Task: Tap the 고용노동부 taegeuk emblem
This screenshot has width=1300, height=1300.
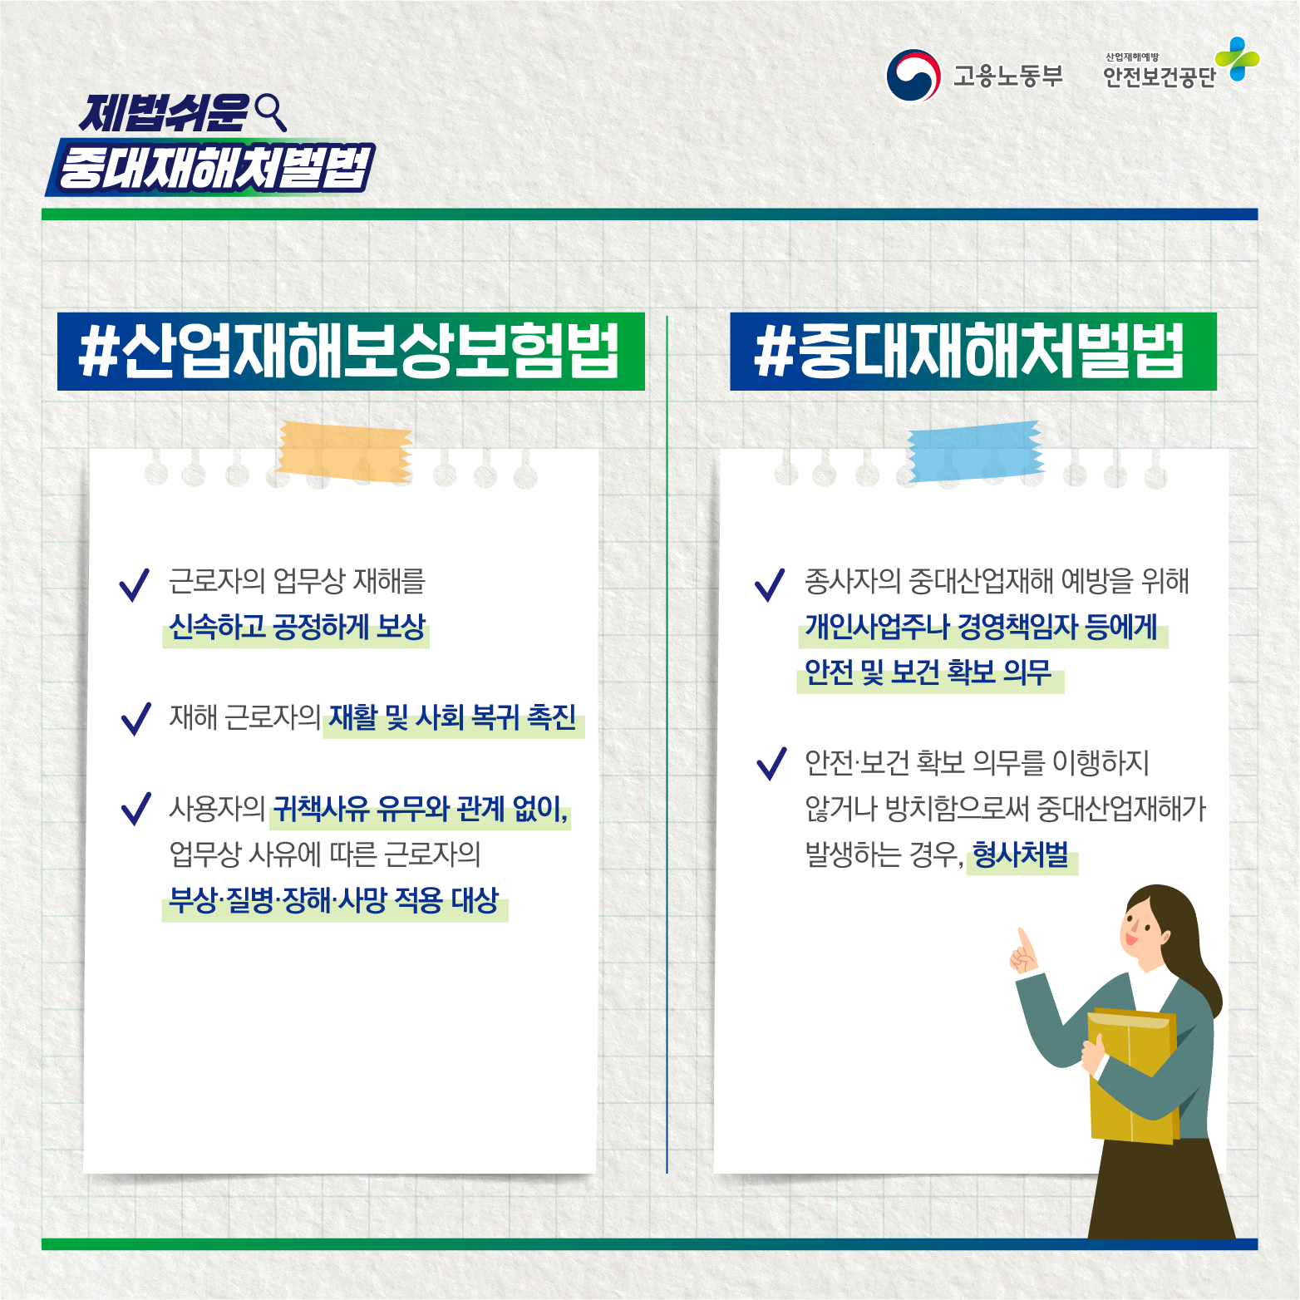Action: click(913, 76)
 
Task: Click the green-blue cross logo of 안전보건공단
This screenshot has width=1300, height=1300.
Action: click(1238, 59)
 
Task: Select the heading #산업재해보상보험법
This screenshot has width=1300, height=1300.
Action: click(350, 352)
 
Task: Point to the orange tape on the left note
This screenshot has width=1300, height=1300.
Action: click(345, 451)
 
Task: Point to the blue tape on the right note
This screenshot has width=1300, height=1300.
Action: click(974, 451)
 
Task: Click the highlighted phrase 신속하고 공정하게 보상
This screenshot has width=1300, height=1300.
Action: click(297, 627)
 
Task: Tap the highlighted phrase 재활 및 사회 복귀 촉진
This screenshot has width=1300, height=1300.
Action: click(452, 717)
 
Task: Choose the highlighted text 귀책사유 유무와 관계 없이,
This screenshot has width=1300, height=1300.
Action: click(421, 808)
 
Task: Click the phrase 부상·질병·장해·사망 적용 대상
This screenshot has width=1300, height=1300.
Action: click(334, 899)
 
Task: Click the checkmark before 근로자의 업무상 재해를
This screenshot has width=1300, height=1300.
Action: click(135, 584)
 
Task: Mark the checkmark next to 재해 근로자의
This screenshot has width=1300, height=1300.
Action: click(135, 719)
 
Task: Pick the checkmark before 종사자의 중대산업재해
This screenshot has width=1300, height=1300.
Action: click(770, 584)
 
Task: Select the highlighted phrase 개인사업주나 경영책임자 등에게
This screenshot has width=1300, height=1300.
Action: click(981, 627)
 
